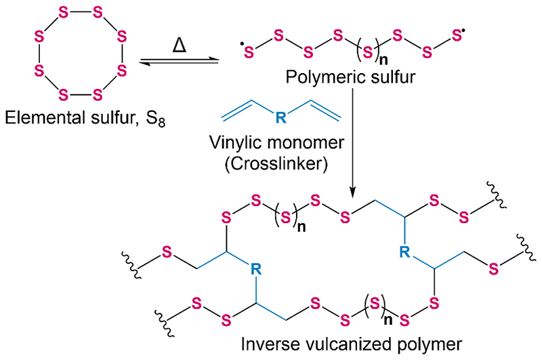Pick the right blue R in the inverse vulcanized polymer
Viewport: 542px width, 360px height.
tap(404, 253)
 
